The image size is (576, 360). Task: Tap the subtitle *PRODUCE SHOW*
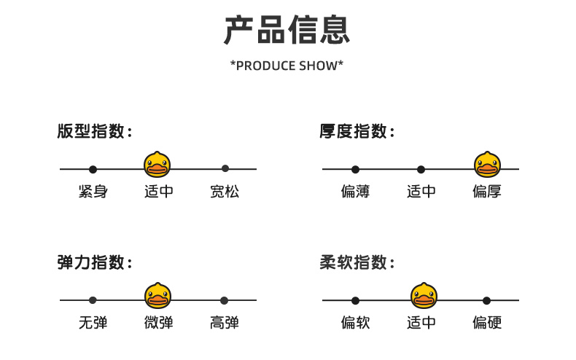point(287,66)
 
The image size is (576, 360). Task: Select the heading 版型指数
point(95,132)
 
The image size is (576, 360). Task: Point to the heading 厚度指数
point(357,132)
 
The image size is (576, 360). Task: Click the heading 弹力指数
point(95,263)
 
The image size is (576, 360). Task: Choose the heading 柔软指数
point(357,263)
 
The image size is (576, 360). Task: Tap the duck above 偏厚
point(487,165)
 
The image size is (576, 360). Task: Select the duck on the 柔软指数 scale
point(424,296)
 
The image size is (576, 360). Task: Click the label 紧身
point(93,192)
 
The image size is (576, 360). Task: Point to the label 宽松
point(225,192)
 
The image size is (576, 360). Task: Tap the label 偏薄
point(355,192)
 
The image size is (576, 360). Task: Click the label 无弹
point(93,322)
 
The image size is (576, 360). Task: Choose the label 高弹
point(225,322)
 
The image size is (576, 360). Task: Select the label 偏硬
point(487,322)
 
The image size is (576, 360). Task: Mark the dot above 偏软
point(355,300)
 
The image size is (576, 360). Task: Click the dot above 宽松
point(225,168)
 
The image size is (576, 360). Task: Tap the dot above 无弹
point(93,300)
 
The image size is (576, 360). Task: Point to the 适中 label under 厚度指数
point(421,192)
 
